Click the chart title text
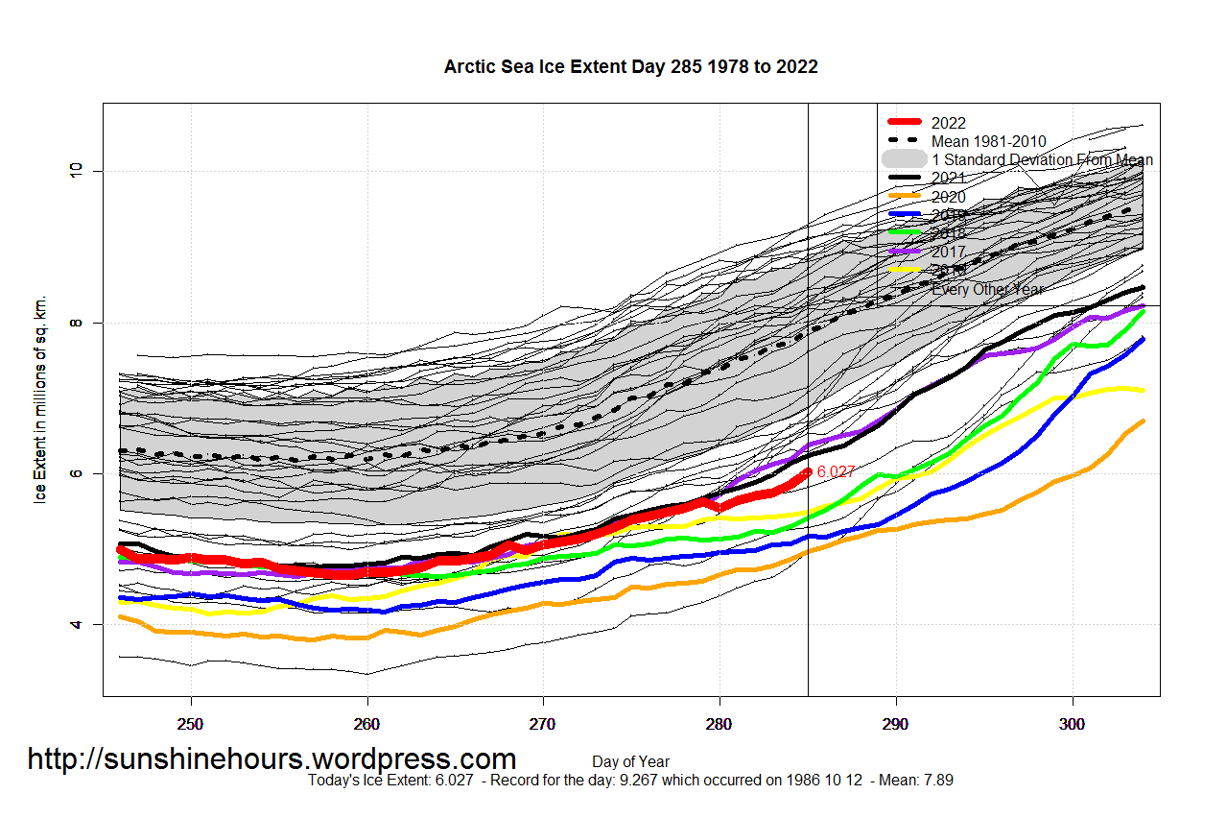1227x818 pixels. [x=630, y=66]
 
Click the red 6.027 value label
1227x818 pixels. [x=835, y=471]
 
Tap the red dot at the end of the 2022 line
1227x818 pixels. [x=808, y=471]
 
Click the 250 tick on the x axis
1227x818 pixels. [x=191, y=721]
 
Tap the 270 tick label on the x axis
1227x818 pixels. [x=543, y=721]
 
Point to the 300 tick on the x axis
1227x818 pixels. [x=1072, y=721]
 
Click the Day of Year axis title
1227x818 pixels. [x=630, y=761]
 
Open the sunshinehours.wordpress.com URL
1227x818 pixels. [x=271, y=758]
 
